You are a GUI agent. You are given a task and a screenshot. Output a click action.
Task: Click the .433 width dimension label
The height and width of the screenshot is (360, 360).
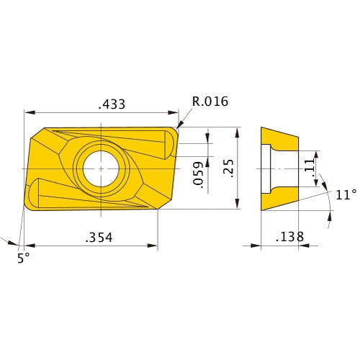pyautogui.click(x=111, y=104)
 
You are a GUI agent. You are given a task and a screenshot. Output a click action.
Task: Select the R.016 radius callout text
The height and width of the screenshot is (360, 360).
pyautogui.click(x=210, y=102)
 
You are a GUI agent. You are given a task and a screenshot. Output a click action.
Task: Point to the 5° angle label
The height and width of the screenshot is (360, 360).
pyautogui.click(x=24, y=257)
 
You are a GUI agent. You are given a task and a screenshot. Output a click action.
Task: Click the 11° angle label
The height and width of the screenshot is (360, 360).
pyautogui.click(x=345, y=194)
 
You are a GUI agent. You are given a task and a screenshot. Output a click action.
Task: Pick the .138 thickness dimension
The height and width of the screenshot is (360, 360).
pyautogui.click(x=289, y=236)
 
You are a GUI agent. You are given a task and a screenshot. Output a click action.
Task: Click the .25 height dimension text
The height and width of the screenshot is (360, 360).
pyautogui.click(x=227, y=168)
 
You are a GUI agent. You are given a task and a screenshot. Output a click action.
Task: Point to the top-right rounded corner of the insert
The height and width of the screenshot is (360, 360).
pyautogui.click(x=175, y=131)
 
